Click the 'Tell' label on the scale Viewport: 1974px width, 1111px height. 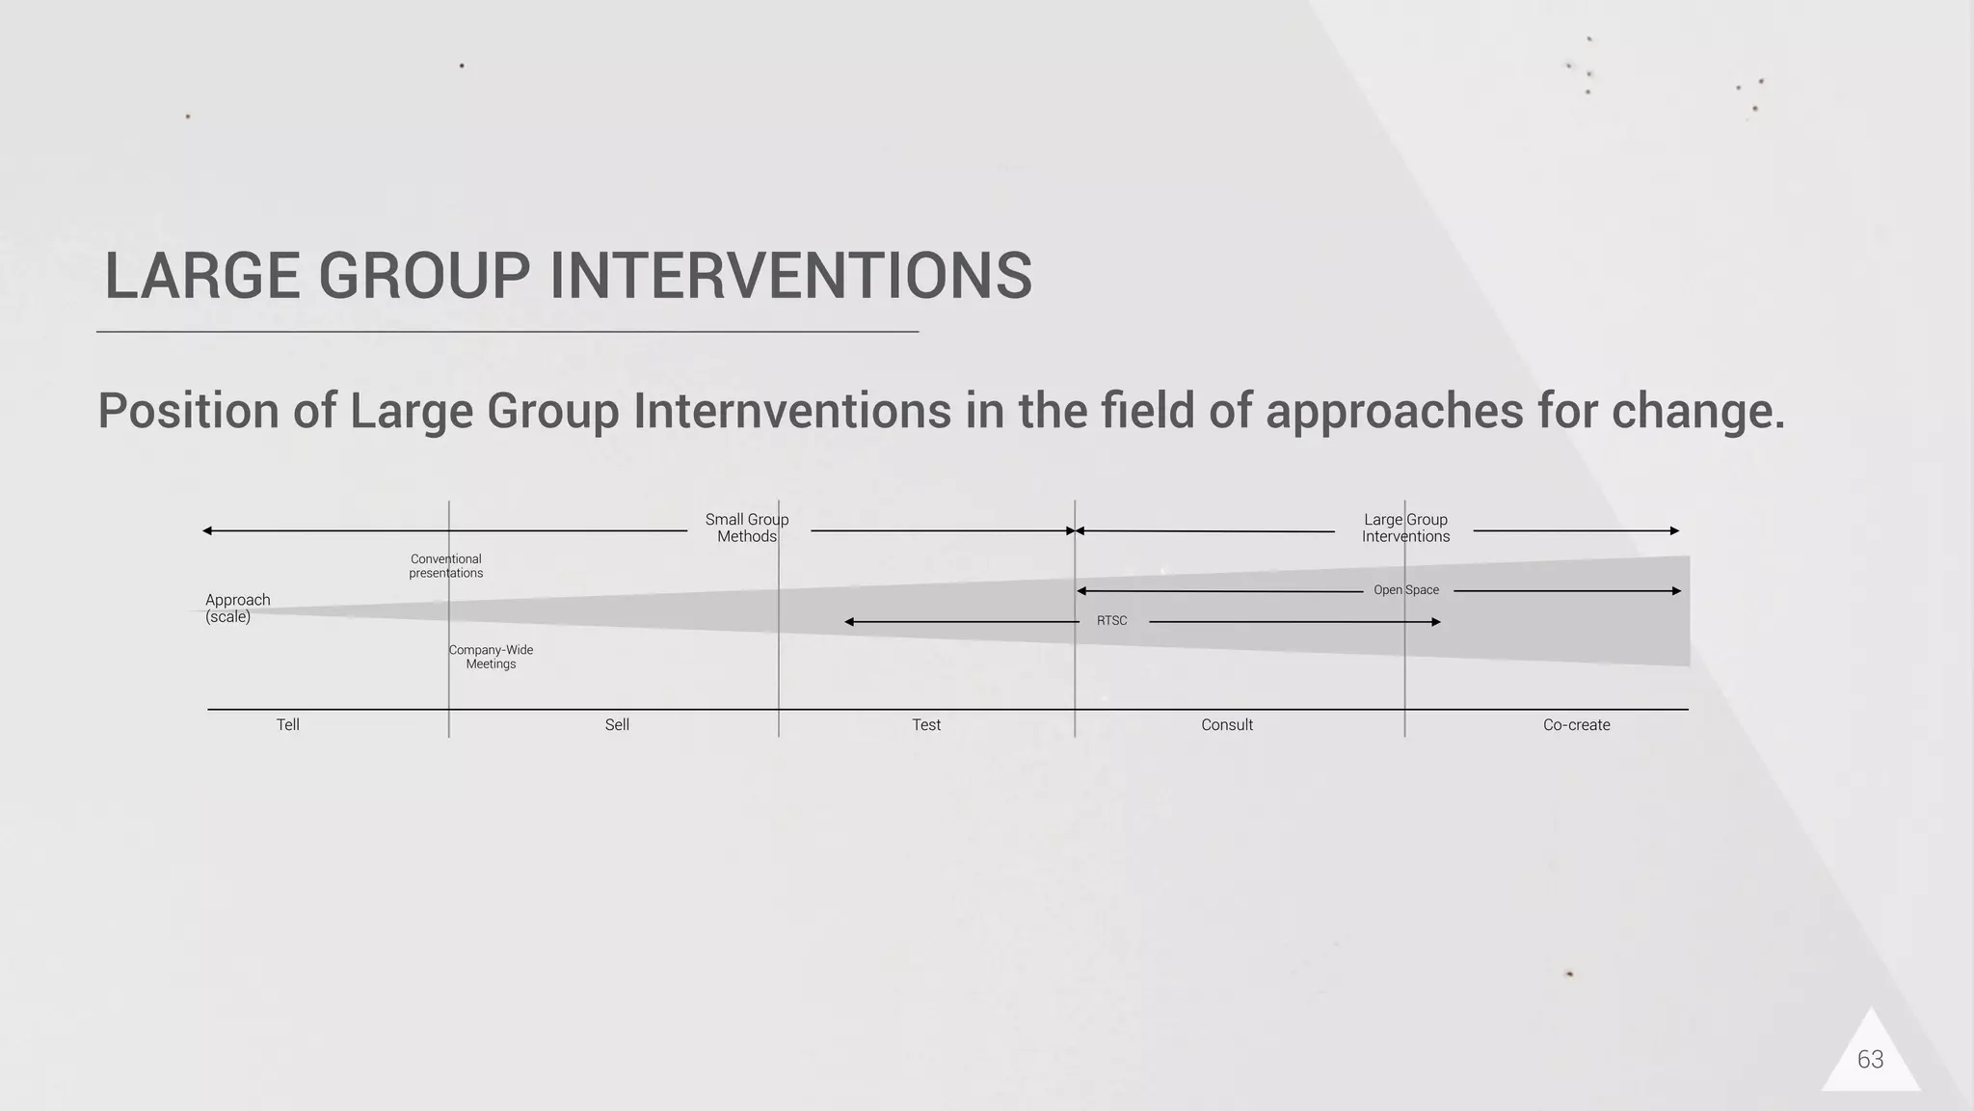[x=287, y=725]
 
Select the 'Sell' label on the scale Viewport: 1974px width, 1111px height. [x=617, y=725]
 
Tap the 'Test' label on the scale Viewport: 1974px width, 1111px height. [x=926, y=725]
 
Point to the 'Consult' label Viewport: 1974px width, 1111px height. [x=1226, y=725]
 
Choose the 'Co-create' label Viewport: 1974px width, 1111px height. [x=1576, y=725]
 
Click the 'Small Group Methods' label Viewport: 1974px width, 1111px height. [x=747, y=528]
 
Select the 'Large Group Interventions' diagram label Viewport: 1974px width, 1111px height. [x=1405, y=528]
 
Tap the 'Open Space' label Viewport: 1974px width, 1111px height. [x=1405, y=590]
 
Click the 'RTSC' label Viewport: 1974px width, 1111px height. [x=1111, y=621]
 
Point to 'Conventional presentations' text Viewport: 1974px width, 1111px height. [x=445, y=566]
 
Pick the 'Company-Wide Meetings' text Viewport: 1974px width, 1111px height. [x=491, y=657]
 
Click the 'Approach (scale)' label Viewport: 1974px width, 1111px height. [x=237, y=609]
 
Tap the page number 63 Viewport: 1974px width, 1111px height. [x=1870, y=1060]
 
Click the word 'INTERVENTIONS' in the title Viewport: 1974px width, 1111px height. [x=790, y=276]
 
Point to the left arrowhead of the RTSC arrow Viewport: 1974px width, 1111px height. [x=849, y=622]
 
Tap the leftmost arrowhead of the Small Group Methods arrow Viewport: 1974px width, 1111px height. [x=207, y=530]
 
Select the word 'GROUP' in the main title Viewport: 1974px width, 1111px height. [x=424, y=276]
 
